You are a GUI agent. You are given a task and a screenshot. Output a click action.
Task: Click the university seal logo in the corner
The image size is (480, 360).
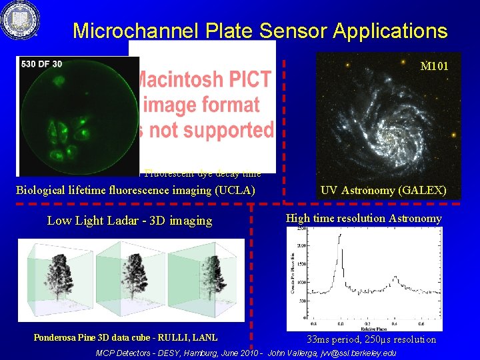21,21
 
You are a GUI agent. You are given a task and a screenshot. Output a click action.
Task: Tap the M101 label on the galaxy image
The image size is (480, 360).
434,66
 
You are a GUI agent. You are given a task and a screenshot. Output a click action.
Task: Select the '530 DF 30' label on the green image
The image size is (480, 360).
41,64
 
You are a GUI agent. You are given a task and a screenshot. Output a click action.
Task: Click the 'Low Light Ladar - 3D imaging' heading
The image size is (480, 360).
129,221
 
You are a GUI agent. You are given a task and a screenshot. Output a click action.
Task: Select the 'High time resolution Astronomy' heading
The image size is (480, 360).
363,218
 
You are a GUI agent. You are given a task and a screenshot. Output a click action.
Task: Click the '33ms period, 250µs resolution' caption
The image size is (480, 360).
371,339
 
